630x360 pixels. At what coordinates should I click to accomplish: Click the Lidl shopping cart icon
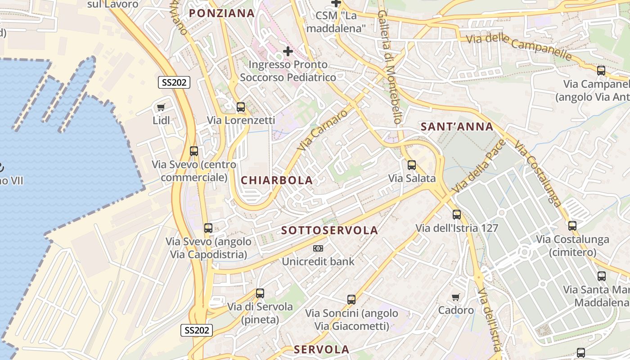point(161,107)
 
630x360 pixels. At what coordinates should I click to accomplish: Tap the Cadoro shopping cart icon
point(456,297)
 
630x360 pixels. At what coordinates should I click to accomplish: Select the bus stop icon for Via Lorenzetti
point(241,107)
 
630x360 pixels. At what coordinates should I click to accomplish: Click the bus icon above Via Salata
point(412,165)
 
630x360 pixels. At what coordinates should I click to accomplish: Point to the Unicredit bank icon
point(318,248)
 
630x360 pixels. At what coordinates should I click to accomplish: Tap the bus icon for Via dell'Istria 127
point(457,215)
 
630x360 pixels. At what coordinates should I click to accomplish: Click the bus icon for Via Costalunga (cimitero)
point(572,226)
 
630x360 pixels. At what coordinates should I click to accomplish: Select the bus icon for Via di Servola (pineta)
point(260,294)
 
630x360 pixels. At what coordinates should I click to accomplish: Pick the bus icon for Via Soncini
point(351,300)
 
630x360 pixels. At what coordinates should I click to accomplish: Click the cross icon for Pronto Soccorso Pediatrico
point(288,51)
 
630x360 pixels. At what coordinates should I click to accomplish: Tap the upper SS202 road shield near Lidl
point(174,82)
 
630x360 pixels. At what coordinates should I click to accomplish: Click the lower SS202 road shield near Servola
point(197,330)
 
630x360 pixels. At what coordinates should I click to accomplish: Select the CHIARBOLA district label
point(276,180)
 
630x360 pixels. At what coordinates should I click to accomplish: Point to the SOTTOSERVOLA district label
point(329,230)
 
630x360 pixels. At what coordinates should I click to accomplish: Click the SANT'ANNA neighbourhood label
point(457,127)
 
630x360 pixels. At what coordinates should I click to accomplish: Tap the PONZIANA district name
point(222,13)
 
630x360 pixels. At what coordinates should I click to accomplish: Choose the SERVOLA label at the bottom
point(321,350)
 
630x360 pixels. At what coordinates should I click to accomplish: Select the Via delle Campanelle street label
point(519,47)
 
